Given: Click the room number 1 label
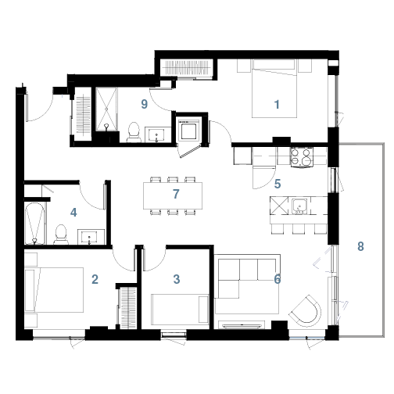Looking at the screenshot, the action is [277, 105].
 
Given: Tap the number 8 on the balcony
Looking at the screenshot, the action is [360, 246].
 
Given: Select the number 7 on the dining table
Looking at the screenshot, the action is [176, 194].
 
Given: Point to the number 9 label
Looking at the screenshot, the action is [144, 104].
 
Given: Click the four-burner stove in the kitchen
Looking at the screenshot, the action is [302, 157].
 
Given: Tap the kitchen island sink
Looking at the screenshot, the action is [299, 206].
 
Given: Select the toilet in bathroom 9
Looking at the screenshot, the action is [134, 132].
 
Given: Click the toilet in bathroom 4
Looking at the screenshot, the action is [61, 235].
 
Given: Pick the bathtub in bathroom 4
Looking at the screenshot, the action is [34, 224].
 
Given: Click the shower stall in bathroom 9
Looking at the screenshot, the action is [106, 109].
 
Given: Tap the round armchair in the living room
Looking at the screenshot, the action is [306, 310].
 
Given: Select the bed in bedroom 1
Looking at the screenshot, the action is [274, 88].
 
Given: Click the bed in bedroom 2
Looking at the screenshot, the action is [54, 290].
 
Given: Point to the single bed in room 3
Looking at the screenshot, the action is [181, 310].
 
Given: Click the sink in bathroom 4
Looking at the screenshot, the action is [89, 237].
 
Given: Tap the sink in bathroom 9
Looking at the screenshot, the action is [156, 134].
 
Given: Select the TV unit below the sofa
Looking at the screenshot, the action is [242, 325].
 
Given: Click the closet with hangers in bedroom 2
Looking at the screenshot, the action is [127, 308].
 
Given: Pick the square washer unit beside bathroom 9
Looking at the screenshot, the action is [188, 130].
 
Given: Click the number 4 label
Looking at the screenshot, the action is [73, 213].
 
